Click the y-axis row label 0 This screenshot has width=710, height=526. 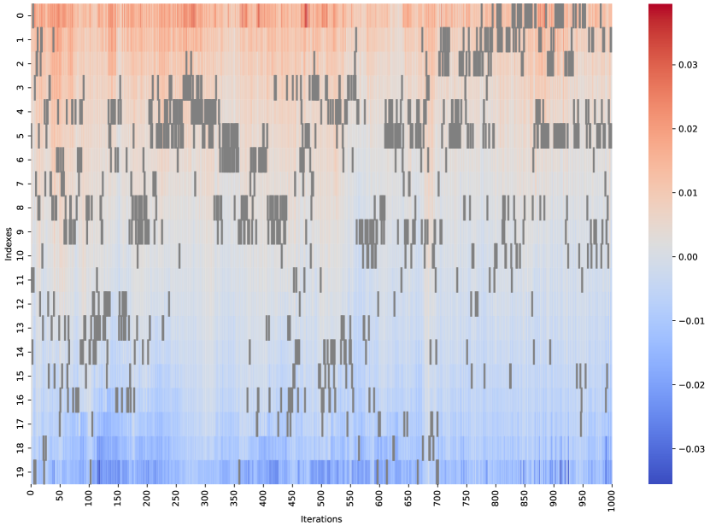(x=21, y=15)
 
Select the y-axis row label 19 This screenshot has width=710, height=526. (x=21, y=472)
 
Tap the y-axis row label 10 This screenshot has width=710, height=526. (x=21, y=255)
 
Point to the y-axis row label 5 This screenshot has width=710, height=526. (x=21, y=136)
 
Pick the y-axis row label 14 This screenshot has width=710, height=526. (x=21, y=352)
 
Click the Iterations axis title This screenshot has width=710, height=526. (x=322, y=518)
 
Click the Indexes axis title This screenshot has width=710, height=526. (x=8, y=243)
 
